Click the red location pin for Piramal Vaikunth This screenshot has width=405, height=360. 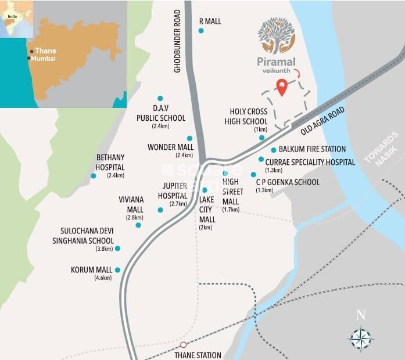[282, 88]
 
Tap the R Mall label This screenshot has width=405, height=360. [210, 21]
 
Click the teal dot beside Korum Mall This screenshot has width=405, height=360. [118, 269]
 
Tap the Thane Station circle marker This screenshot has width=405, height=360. [184, 344]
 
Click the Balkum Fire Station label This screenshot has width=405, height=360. [312, 149]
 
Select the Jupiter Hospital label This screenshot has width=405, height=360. [174, 190]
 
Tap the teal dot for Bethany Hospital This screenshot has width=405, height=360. [94, 175]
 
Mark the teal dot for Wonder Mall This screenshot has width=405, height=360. [189, 138]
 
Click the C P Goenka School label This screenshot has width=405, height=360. [288, 182]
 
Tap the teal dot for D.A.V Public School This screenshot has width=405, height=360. [160, 98]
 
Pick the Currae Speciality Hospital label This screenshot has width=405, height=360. [310, 163]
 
